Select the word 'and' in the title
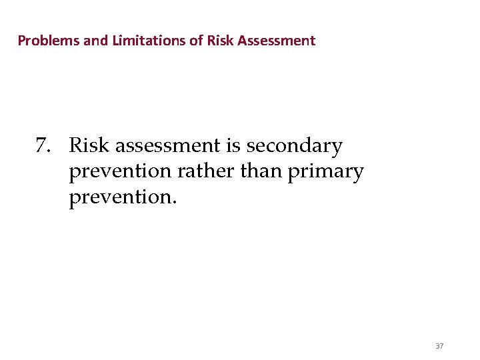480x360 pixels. click(x=95, y=41)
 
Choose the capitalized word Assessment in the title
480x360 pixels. click(x=275, y=41)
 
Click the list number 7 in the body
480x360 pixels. click(x=43, y=146)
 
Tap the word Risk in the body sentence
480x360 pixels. click(x=90, y=145)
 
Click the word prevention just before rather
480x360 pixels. click(x=120, y=173)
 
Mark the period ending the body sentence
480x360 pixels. click(x=175, y=204)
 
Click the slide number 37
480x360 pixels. click(x=439, y=346)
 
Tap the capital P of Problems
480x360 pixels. click(x=21, y=41)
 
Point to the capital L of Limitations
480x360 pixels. click(x=115, y=41)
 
